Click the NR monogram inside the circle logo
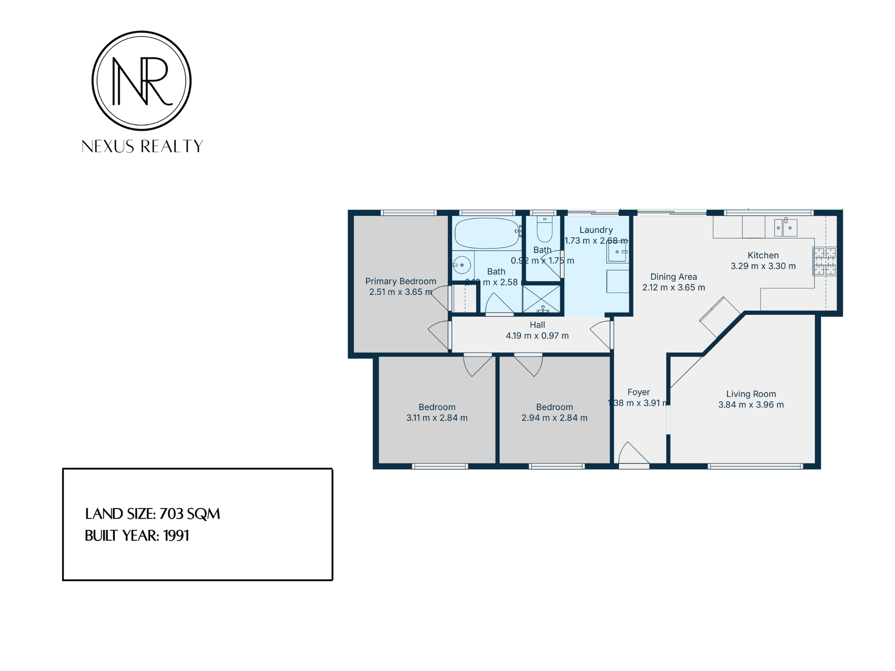[141, 81]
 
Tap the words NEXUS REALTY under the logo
[142, 146]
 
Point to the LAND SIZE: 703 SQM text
[152, 514]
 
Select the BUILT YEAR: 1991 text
[137, 536]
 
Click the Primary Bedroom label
[400, 281]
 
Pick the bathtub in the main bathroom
[487, 233]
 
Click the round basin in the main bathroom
[462, 265]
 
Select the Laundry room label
[596, 230]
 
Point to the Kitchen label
[763, 255]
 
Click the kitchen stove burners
[824, 261]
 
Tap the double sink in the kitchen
[785, 228]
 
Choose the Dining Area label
[674, 277]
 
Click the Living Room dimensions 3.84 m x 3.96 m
[751, 404]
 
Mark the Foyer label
[638, 392]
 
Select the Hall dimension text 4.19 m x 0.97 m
[537, 336]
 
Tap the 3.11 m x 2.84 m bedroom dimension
[437, 418]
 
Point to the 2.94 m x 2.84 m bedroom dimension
[554, 418]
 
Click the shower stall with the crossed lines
[542, 299]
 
